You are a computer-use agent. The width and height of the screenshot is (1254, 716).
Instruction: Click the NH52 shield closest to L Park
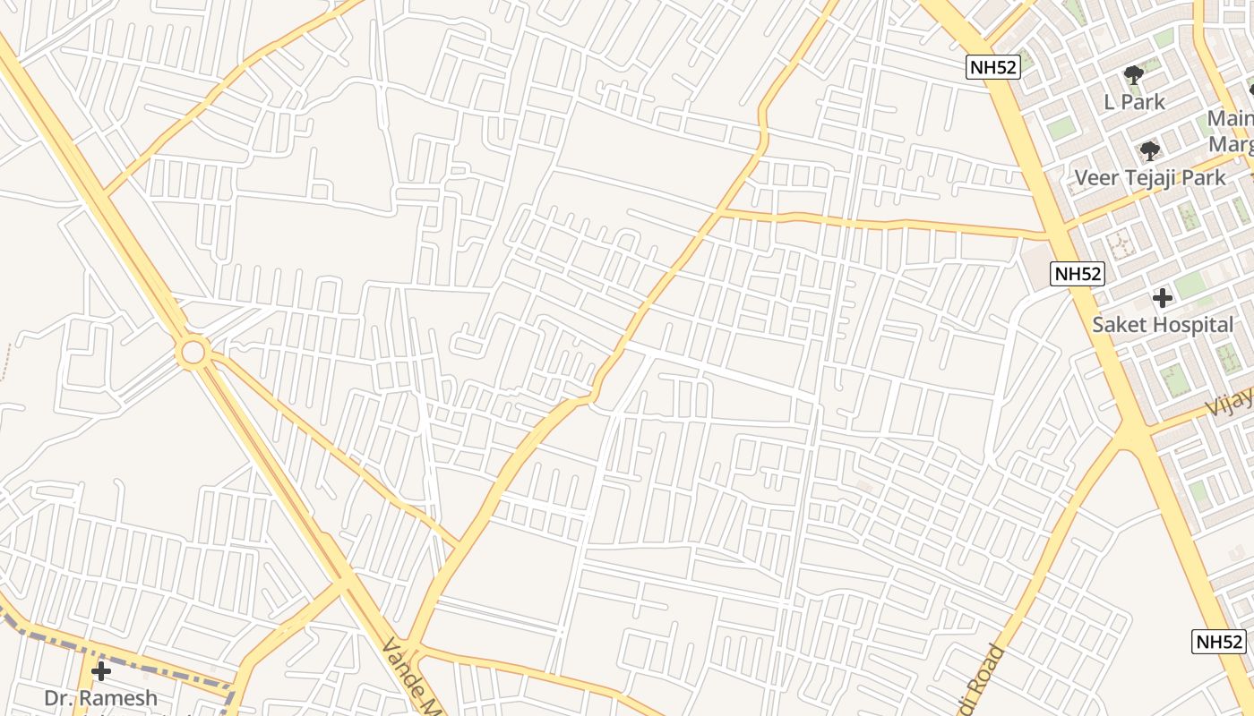[993, 66]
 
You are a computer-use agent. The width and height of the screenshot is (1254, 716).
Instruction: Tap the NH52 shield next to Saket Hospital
[1078, 274]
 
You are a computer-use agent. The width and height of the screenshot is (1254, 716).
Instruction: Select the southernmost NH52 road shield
[1220, 641]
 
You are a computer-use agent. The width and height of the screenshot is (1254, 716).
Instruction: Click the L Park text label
[1134, 102]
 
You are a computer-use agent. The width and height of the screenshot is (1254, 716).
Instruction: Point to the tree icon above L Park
[1134, 75]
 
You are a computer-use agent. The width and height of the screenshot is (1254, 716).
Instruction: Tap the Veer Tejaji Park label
[1149, 177]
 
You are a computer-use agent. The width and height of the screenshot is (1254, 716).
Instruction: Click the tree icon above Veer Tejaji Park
[1149, 150]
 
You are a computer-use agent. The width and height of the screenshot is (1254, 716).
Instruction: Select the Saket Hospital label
[1163, 325]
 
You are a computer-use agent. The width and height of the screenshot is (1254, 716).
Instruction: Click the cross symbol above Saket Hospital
[1163, 297]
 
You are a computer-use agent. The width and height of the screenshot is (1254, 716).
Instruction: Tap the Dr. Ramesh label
[101, 698]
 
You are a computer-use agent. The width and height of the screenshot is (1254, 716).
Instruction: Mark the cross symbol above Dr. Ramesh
[101, 671]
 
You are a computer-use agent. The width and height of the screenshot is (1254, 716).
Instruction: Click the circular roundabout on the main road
[193, 352]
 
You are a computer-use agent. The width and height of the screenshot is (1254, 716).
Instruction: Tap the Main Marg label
[1231, 131]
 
